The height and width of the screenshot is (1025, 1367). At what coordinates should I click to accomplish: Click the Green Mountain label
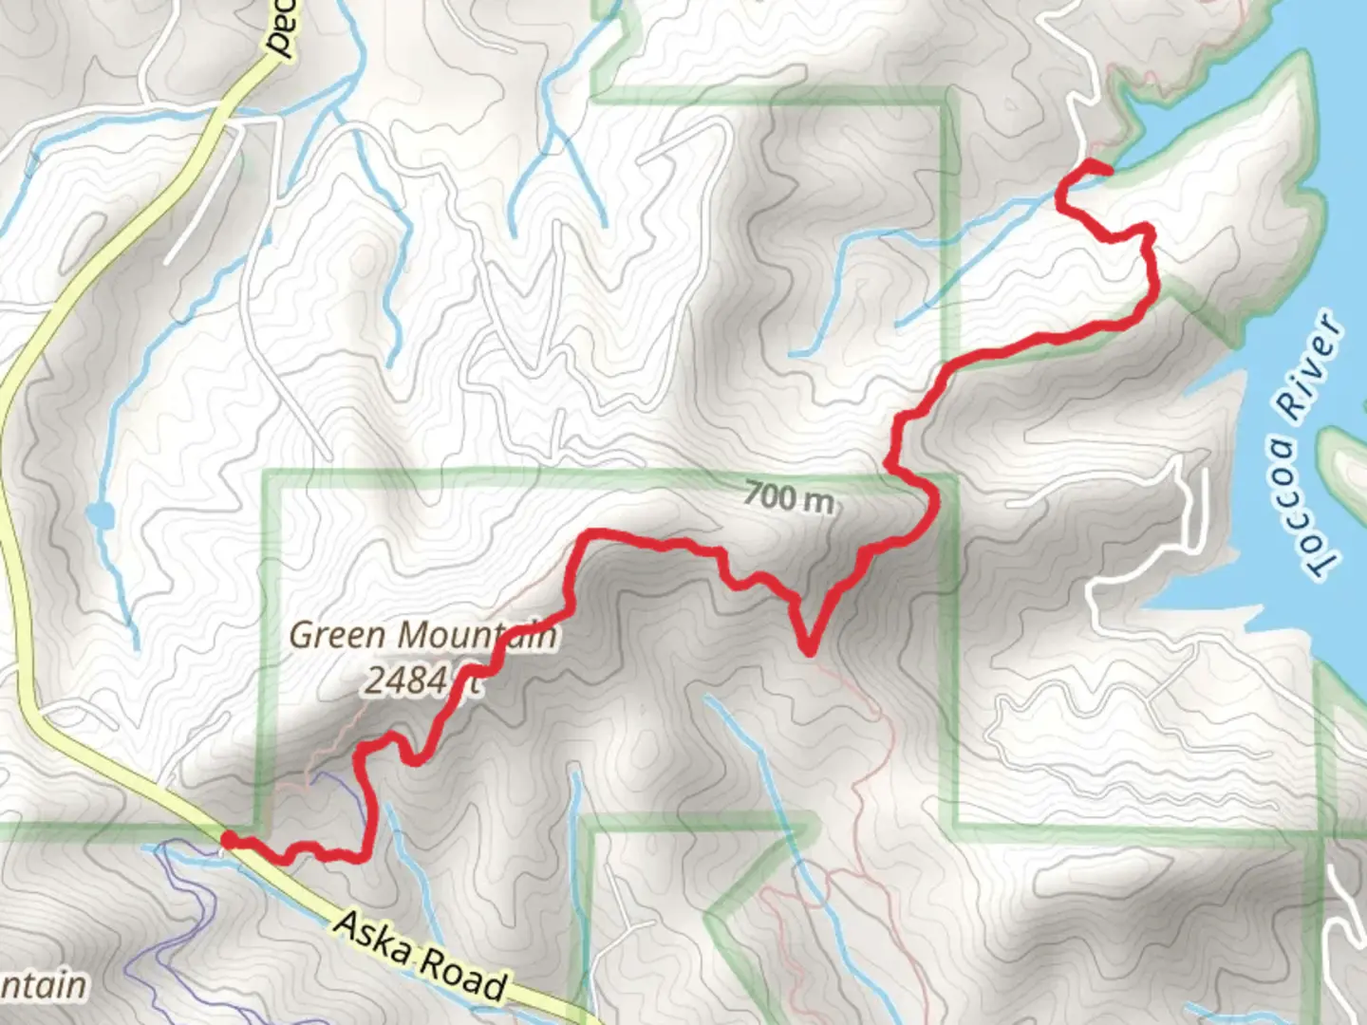click(x=422, y=635)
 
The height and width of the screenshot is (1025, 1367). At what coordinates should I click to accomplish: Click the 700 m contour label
click(x=788, y=495)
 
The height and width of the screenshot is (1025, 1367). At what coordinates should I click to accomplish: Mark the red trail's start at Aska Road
click(x=229, y=839)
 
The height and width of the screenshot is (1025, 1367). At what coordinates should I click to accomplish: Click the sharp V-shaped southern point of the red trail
click(x=809, y=650)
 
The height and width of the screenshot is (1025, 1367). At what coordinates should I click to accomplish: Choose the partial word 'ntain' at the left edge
click(x=43, y=985)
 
